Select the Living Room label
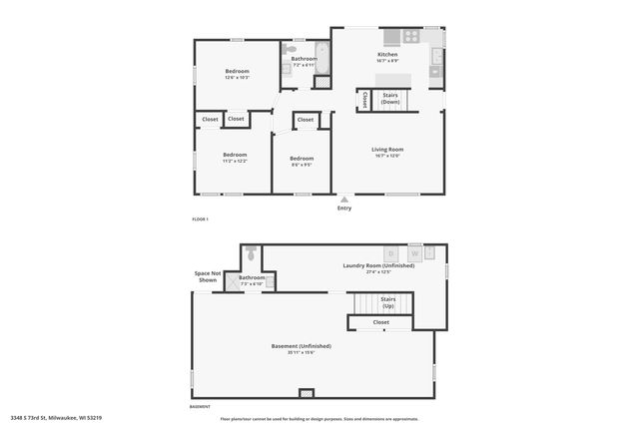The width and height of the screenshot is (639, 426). [x=387, y=152]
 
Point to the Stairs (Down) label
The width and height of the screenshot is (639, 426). [x=390, y=98]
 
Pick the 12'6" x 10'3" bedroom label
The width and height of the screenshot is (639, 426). [x=237, y=74]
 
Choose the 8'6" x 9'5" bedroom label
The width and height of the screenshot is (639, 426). [x=302, y=162]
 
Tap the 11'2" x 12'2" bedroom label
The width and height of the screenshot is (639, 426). [x=235, y=158]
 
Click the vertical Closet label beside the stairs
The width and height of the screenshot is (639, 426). [x=364, y=100]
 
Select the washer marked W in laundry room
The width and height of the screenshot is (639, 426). [x=414, y=253]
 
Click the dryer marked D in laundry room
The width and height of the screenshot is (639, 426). [x=391, y=253]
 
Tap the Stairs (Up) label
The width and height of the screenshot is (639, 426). [x=388, y=302]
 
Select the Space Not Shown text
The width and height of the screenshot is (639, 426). [x=207, y=276]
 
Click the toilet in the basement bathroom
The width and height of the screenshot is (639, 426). [x=250, y=253]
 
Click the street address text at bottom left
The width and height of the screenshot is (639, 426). [x=57, y=418]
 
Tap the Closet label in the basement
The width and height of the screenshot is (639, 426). [x=380, y=322]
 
